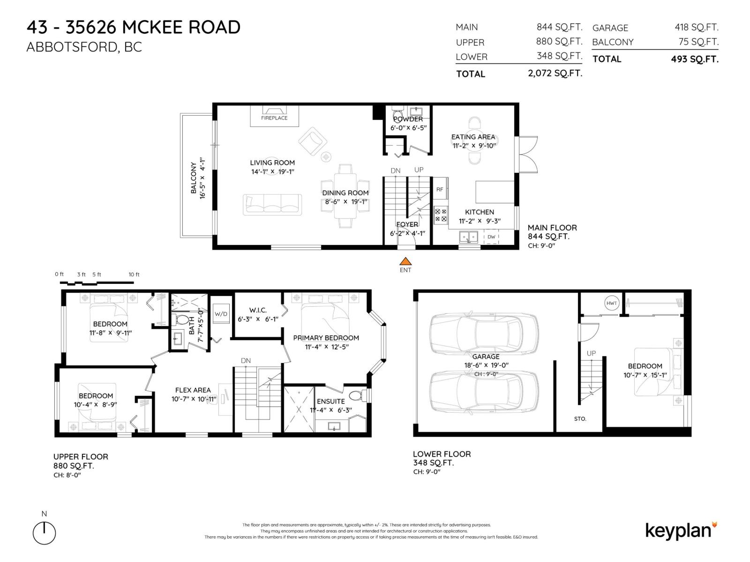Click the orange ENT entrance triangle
click(405, 261)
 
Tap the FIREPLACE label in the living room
click(274, 118)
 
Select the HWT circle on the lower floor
click(612, 303)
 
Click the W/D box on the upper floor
click(221, 314)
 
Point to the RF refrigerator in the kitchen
click(440, 189)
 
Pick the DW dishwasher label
click(491, 237)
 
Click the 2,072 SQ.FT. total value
click(555, 74)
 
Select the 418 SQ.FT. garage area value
click(696, 28)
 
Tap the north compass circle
click(44, 533)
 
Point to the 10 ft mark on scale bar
click(134, 274)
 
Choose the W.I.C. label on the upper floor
click(258, 310)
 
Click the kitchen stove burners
click(441, 215)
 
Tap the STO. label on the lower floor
click(580, 419)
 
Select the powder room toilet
click(397, 114)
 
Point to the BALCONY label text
click(194, 178)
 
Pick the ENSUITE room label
click(330, 401)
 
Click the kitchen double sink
click(468, 237)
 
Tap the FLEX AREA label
click(193, 390)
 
